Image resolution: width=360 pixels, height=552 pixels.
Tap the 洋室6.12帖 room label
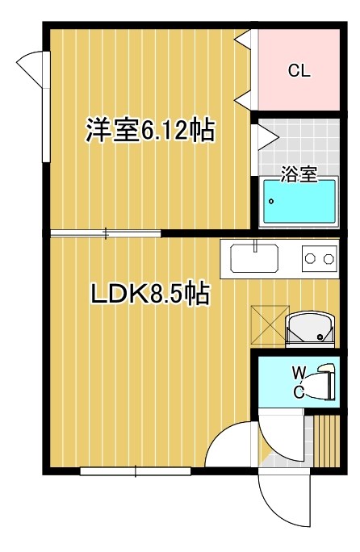pyautogui.click(x=150, y=132)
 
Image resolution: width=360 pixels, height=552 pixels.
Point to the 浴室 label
pyautogui.click(x=298, y=174)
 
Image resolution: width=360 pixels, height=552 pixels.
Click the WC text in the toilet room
pyautogui.click(x=298, y=382)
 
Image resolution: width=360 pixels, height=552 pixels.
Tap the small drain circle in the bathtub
pyautogui.click(x=272, y=202)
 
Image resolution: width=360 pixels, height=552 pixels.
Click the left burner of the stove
pyautogui.click(x=310, y=259)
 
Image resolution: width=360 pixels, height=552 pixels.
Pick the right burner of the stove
pyautogui.click(x=329, y=259)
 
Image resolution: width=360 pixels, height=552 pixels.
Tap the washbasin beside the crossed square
pyautogui.click(x=311, y=328)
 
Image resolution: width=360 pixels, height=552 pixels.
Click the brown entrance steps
pyautogui.click(x=324, y=441)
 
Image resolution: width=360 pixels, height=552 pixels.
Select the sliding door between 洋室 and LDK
pyautogui.click(x=105, y=234)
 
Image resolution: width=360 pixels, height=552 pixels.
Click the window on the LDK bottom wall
pyautogui.click(x=136, y=470)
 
